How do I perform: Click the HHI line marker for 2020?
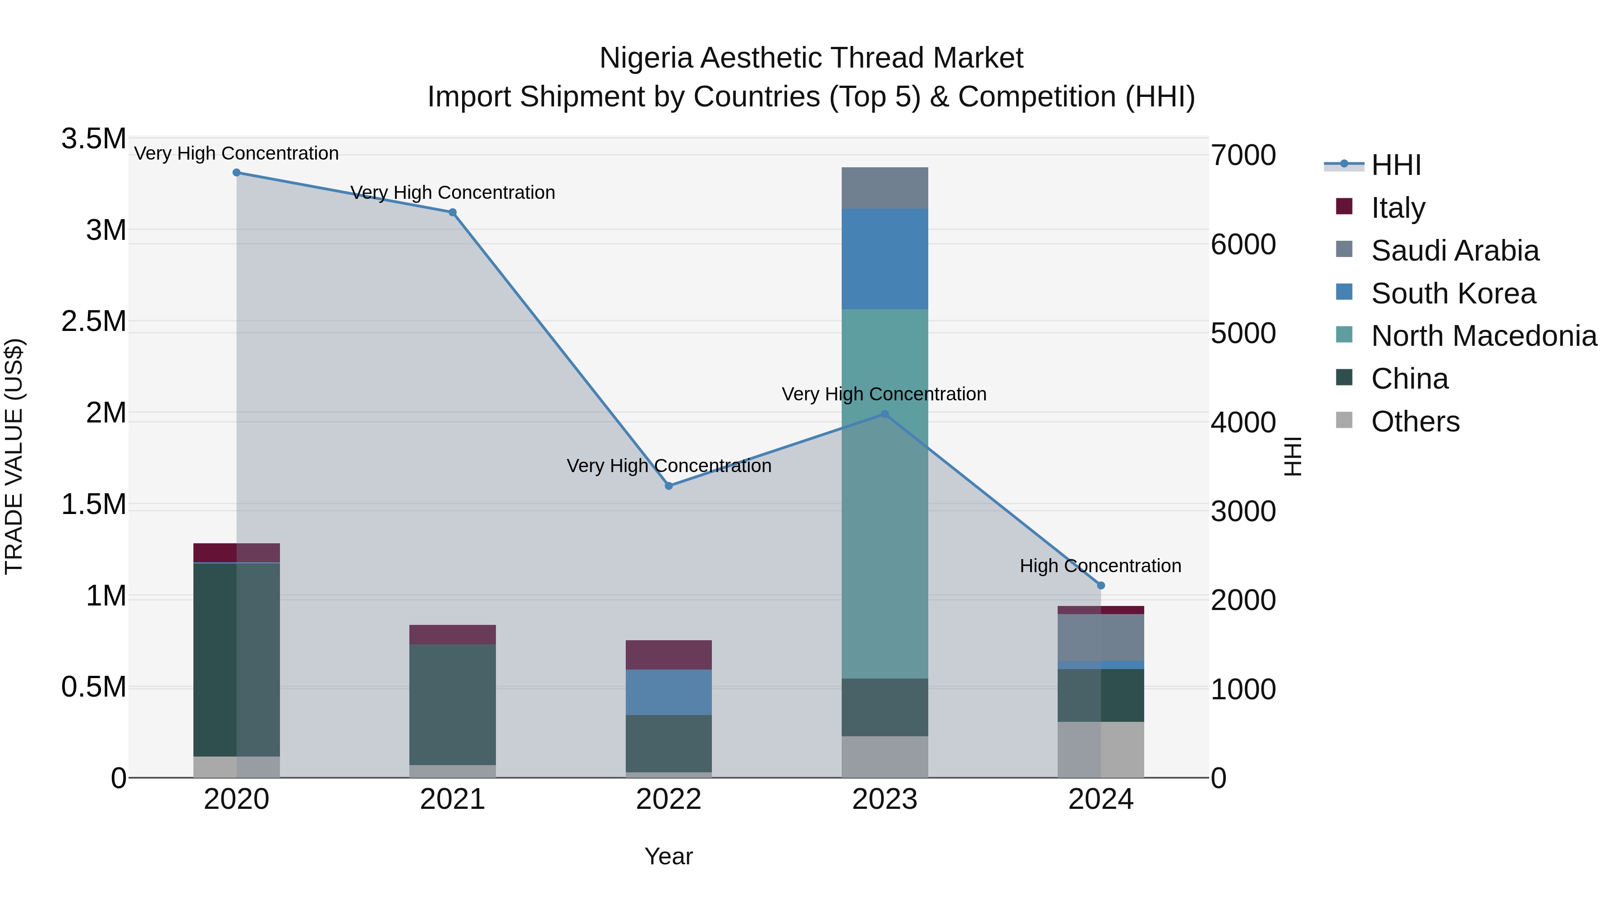236,172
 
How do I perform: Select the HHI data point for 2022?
669,486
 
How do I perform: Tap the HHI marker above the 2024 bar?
1100,585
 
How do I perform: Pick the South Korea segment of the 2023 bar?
885,258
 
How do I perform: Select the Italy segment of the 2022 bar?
669,655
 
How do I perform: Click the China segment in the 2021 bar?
452,704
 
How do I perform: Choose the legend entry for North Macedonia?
1483,336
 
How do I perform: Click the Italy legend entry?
1398,207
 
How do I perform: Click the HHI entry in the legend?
1395,165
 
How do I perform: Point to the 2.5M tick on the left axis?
94,321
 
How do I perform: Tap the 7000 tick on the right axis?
1242,155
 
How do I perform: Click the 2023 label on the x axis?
885,799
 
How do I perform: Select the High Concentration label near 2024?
1100,566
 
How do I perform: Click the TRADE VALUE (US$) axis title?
14,456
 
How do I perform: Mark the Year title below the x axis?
669,856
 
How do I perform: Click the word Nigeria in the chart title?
647,58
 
